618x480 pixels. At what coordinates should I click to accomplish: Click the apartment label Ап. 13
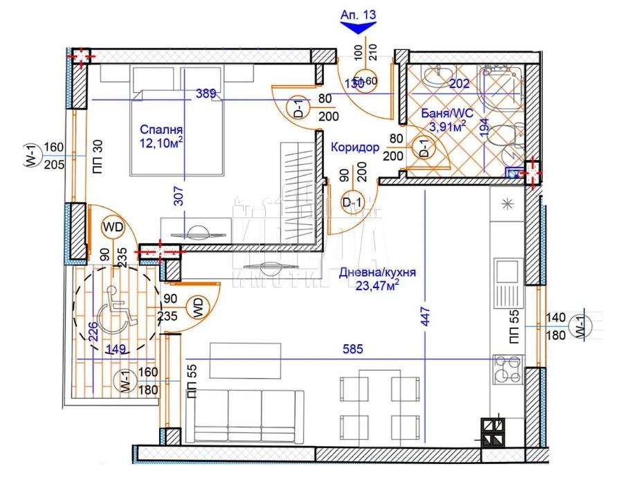click(358, 13)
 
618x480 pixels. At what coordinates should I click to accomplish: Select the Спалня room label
click(161, 130)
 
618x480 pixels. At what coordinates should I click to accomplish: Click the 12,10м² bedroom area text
click(161, 143)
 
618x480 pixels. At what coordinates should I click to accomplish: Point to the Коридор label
click(354, 148)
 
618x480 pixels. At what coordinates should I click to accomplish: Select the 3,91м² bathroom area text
click(446, 127)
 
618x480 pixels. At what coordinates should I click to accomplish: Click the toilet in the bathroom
click(505, 138)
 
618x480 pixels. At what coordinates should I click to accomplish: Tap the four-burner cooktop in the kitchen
click(508, 369)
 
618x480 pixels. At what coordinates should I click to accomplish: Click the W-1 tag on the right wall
click(576, 326)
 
